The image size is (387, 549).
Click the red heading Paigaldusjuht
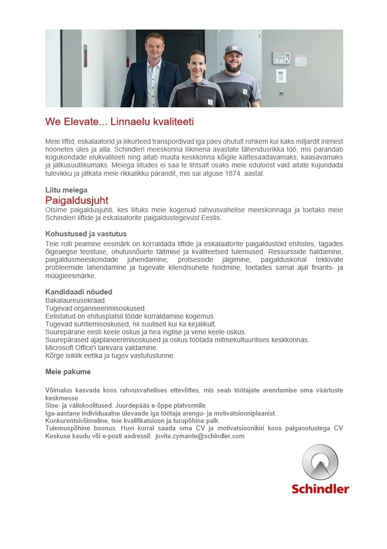[76, 200]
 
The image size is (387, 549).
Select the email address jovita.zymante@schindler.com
[199, 436]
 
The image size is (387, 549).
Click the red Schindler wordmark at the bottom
[320, 489]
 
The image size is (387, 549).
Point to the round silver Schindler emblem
[320, 462]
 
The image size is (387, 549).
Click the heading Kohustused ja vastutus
[86, 234]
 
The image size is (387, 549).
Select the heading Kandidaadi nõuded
[79, 291]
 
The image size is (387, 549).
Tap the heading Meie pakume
[68, 372]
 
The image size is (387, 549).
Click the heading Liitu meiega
[66, 190]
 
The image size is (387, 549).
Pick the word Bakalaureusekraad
[75, 300]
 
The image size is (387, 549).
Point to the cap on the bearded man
[233, 49]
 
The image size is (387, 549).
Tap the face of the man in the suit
[154, 45]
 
